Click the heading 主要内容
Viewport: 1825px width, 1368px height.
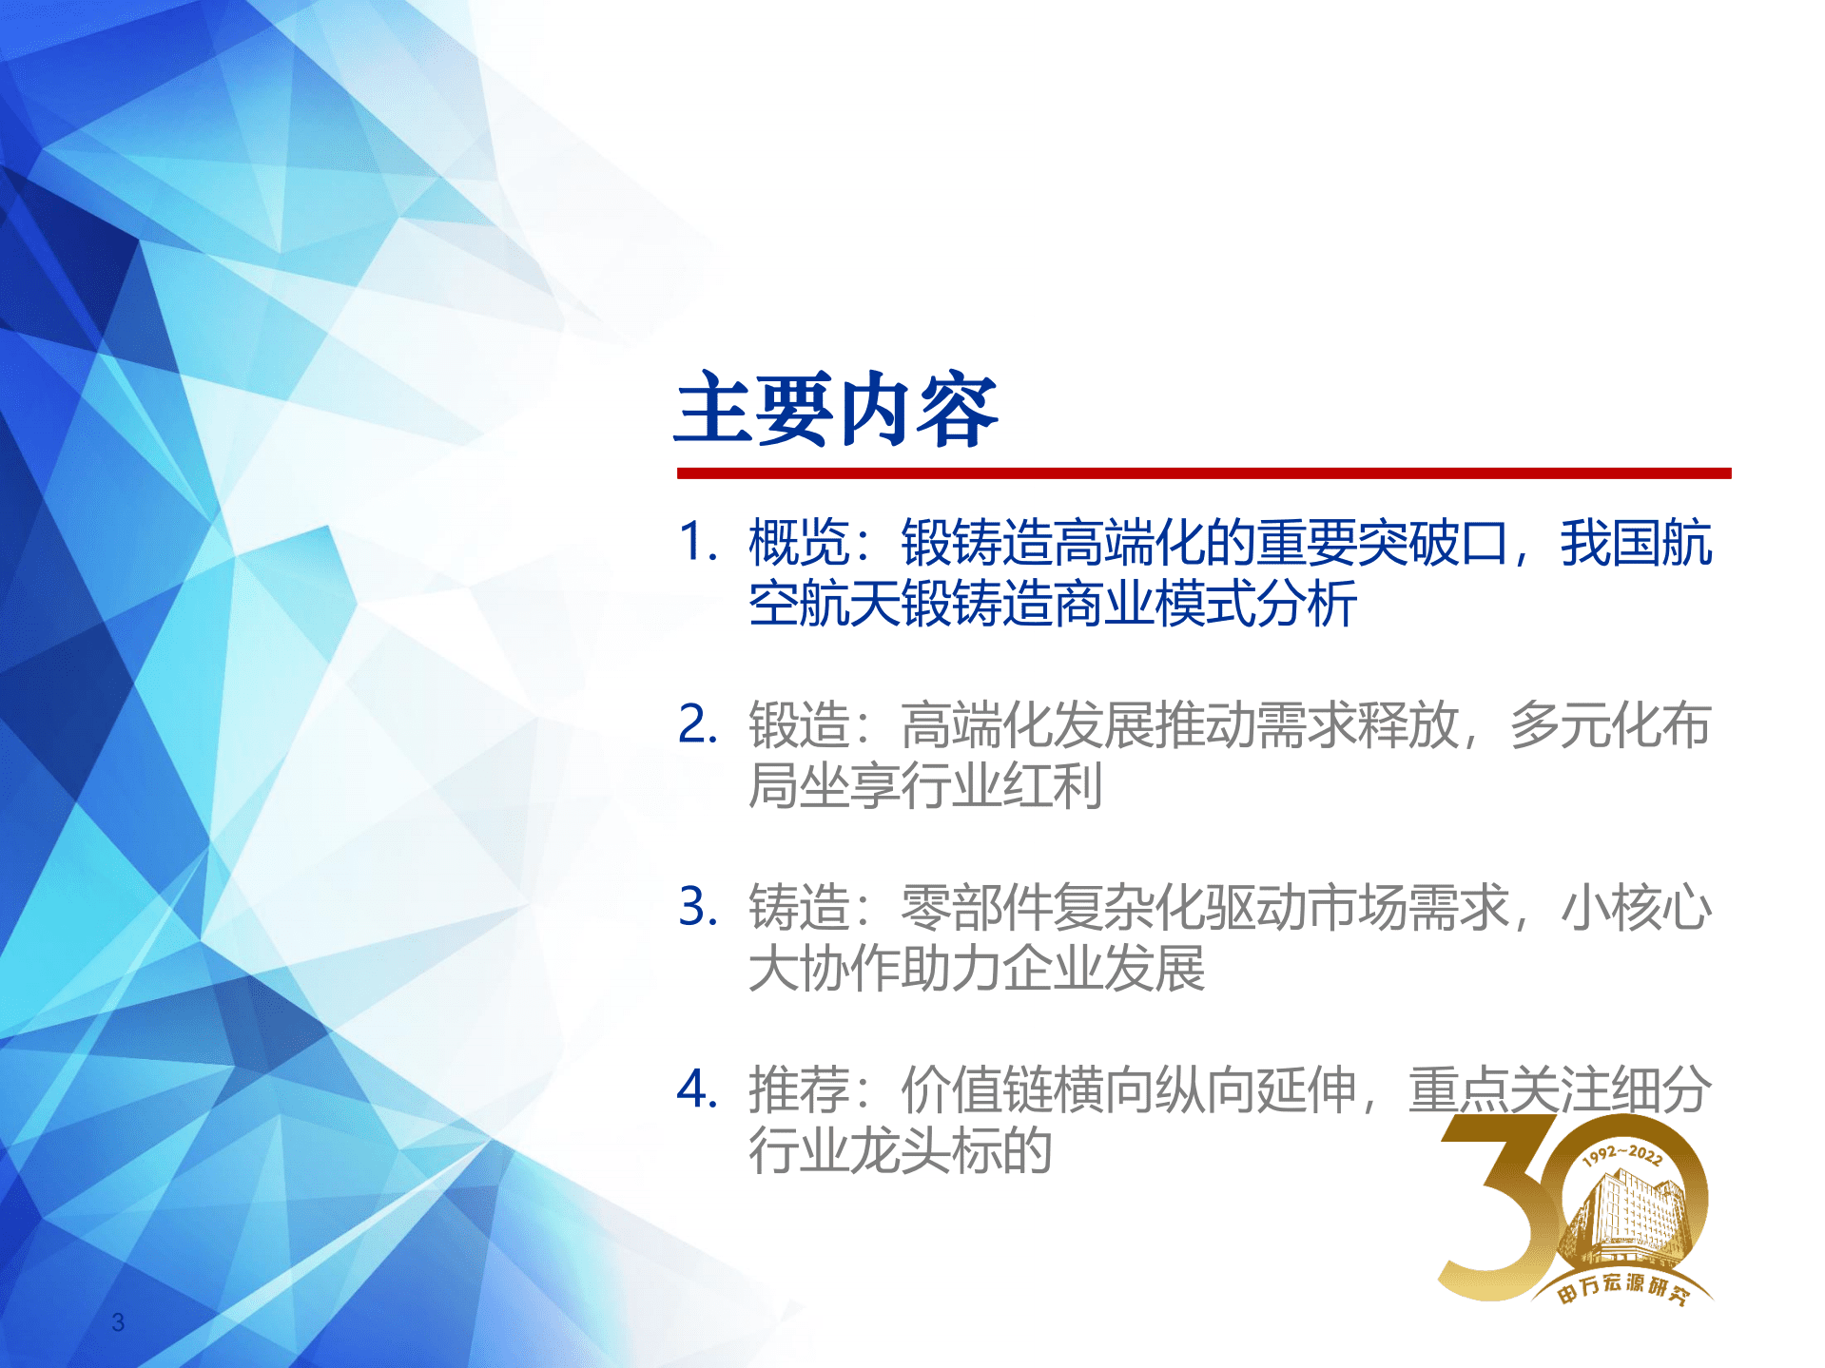click(836, 411)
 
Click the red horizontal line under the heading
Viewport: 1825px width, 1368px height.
click(1203, 473)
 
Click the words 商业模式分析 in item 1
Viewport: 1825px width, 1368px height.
click(1206, 604)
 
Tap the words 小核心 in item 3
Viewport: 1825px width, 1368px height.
click(1636, 907)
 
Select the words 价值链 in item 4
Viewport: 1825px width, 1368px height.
click(976, 1089)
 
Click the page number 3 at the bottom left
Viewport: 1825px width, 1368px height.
click(118, 1321)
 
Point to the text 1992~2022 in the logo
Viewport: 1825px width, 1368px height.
click(1622, 1154)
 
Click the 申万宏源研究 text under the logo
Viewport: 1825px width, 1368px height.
click(1622, 1288)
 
